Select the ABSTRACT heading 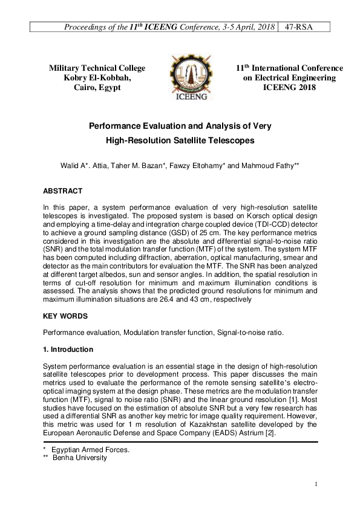(x=62, y=191)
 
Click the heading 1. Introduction (x=68, y=349)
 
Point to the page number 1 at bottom (x=316, y=484)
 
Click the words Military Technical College (x=97, y=68)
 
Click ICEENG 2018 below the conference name (x=289, y=88)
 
